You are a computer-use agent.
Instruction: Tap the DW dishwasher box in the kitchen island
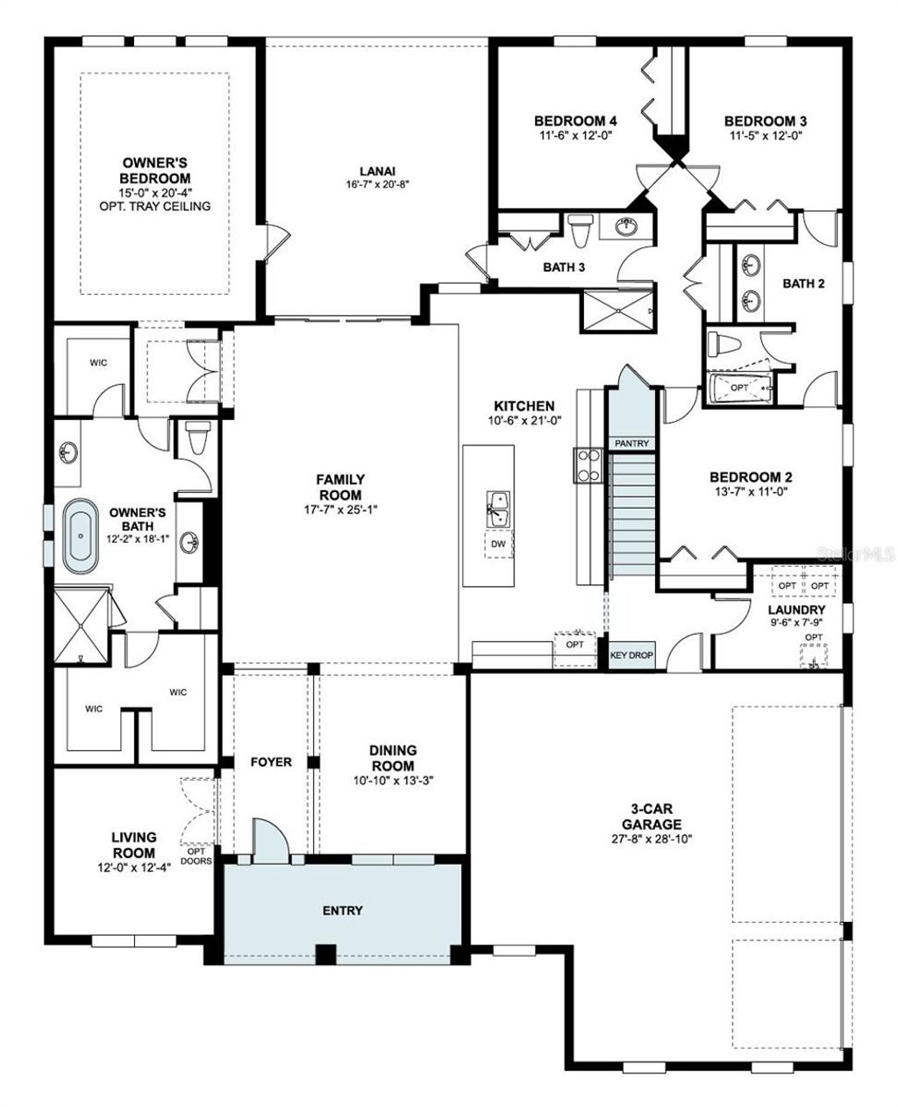coord(498,544)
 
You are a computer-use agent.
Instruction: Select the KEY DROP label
coord(631,655)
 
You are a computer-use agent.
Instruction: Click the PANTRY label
coord(631,444)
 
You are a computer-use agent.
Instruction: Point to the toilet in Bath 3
coord(580,232)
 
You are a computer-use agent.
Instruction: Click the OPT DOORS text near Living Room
coord(196,855)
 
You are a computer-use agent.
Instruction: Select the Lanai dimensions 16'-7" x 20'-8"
coord(377,184)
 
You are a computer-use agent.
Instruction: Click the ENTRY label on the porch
coord(342,911)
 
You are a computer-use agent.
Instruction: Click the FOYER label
coord(271,762)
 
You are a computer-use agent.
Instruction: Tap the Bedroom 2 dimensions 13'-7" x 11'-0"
coord(751,492)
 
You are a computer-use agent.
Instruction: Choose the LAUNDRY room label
coord(796,610)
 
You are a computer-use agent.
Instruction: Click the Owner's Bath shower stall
coord(81,625)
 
